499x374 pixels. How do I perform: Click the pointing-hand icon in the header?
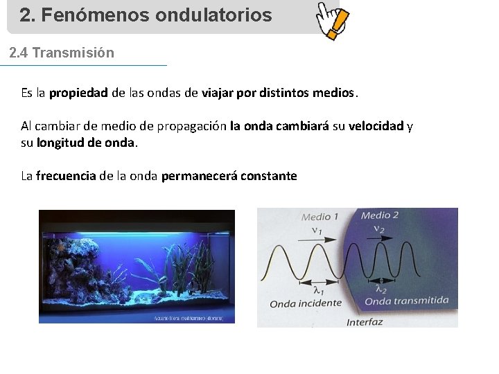(x=331, y=19)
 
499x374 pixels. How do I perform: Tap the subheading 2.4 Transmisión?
(x=62, y=53)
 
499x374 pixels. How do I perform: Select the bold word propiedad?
(x=78, y=93)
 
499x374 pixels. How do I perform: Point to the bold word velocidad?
(x=376, y=126)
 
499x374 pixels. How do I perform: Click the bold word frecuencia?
(x=66, y=176)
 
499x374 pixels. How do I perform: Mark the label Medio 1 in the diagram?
(x=319, y=217)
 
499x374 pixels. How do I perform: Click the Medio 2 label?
(x=380, y=215)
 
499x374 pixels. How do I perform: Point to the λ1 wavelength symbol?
(x=318, y=290)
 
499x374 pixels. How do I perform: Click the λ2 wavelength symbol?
(x=381, y=289)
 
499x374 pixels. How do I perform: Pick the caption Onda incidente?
(x=306, y=303)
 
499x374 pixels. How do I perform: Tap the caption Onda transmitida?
(x=407, y=301)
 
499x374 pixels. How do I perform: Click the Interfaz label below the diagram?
(x=365, y=322)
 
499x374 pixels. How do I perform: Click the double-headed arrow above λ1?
(x=318, y=281)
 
